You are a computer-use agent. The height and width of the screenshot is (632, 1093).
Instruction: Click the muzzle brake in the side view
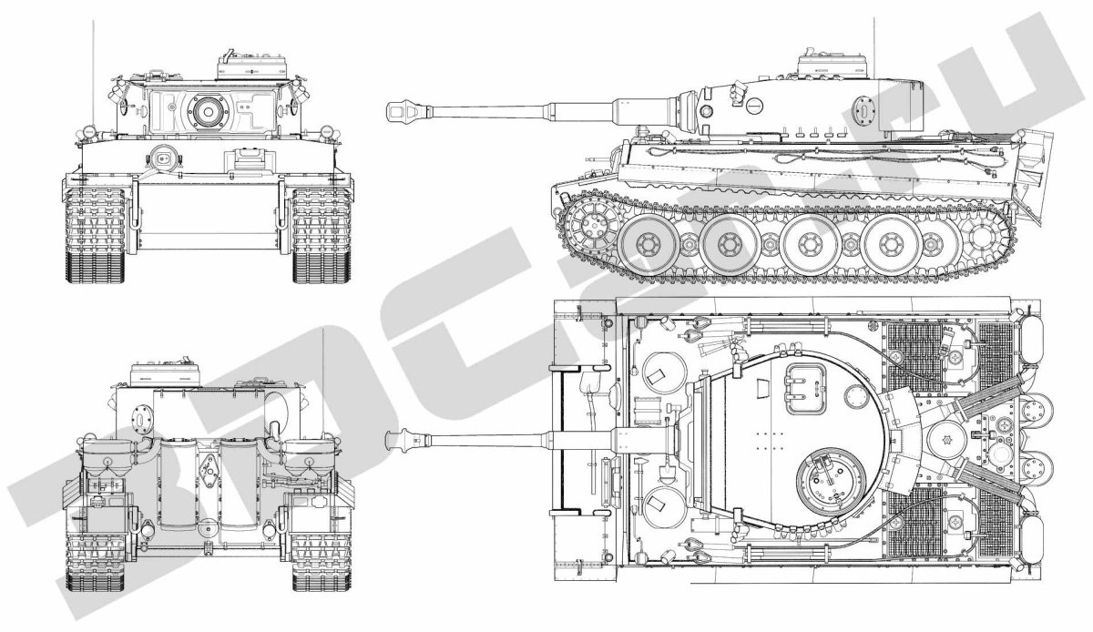click(x=398, y=112)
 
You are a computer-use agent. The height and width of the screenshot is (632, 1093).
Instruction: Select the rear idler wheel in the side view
click(x=986, y=240)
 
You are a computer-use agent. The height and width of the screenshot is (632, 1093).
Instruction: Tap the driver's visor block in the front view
click(x=244, y=158)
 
